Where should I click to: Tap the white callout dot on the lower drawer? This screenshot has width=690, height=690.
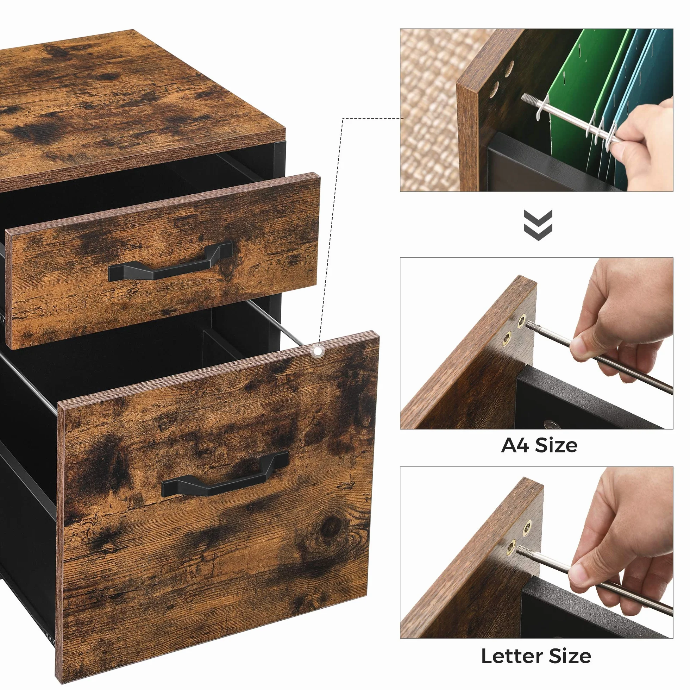tap(318, 351)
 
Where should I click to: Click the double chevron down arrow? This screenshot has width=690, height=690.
tap(538, 225)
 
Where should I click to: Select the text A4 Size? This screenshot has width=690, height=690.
tap(539, 446)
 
